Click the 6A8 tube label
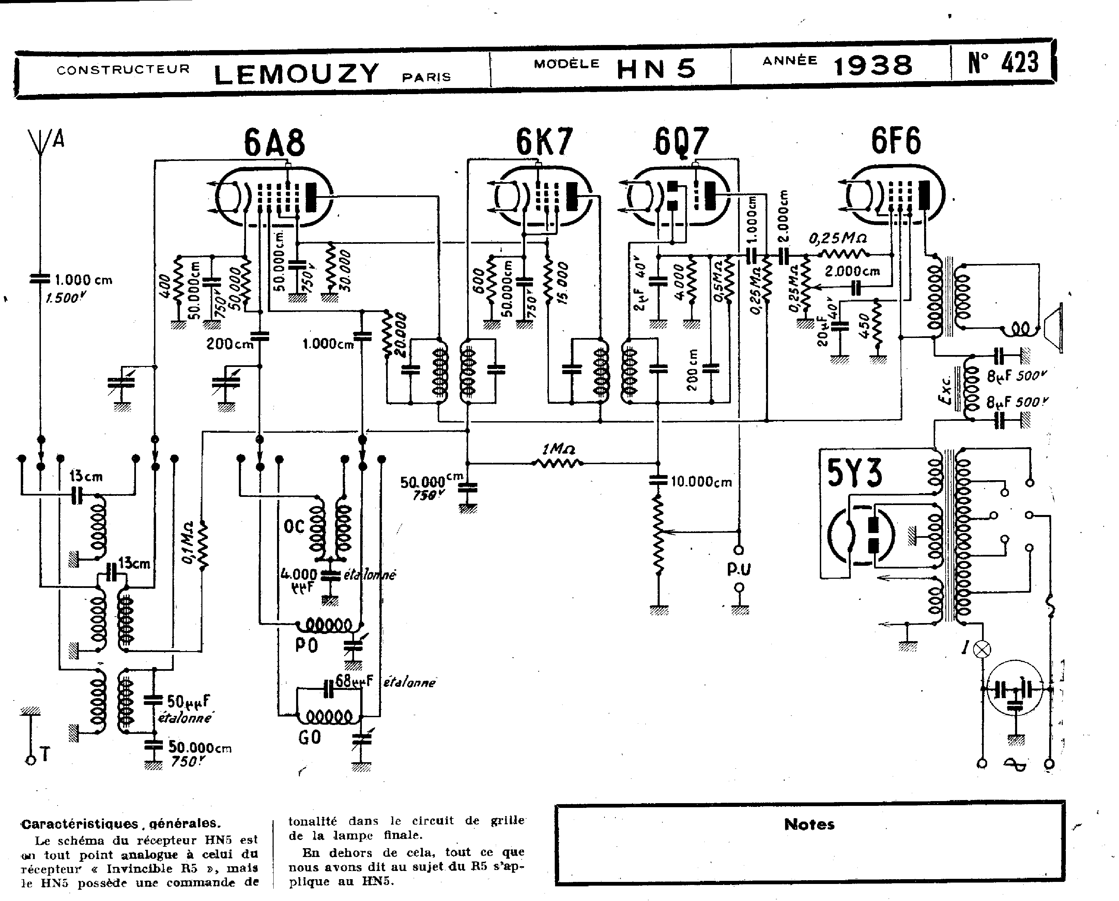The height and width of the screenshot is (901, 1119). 275,143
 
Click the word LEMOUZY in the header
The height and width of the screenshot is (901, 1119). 297,74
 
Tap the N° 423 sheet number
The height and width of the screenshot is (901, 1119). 1003,63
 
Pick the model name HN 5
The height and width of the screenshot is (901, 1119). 656,69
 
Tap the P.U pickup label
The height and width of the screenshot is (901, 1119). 739,569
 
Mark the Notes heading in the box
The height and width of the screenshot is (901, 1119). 809,824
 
